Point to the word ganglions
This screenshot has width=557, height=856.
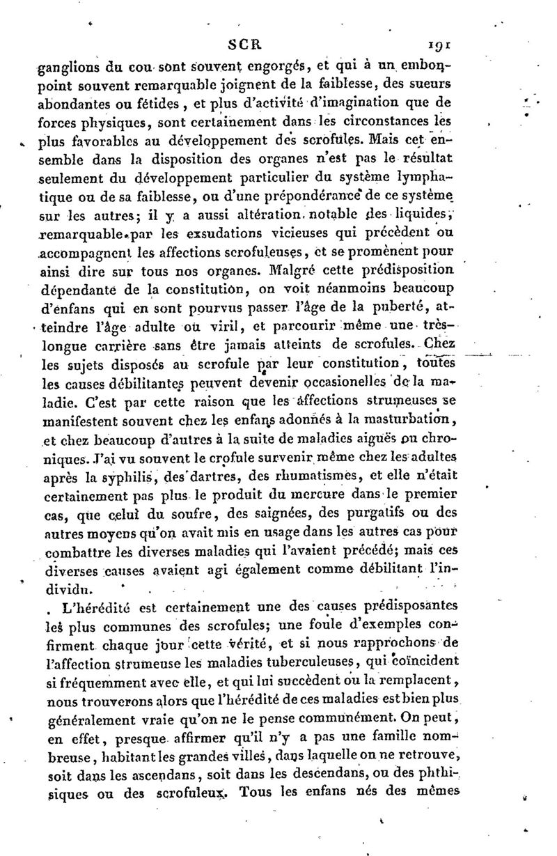tap(67, 67)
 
